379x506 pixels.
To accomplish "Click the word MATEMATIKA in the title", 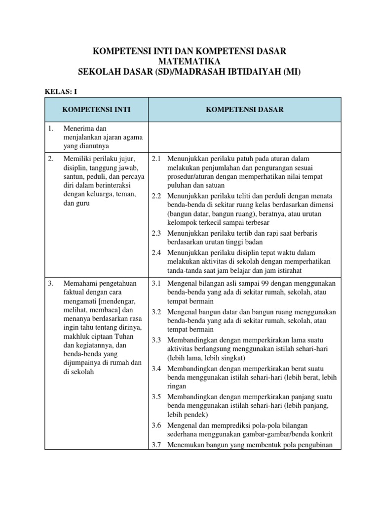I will (x=189, y=61).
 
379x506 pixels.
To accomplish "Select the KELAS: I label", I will (x=61, y=91).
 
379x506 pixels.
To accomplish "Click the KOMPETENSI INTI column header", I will (x=96, y=110).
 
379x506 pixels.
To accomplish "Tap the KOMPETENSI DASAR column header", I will (x=245, y=110).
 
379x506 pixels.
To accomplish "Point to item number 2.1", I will (x=156, y=159).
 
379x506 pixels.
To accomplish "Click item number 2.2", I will (x=156, y=196).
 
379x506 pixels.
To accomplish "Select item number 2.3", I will (x=156, y=233).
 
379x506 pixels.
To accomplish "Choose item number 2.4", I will (x=156, y=252).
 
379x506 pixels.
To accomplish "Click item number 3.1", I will (x=156, y=283).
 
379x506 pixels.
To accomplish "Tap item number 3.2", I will (x=156, y=312).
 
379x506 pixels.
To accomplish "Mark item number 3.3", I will (x=156, y=340).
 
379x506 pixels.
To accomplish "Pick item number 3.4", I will (x=156, y=369).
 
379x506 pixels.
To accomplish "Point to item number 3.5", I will (x=156, y=397).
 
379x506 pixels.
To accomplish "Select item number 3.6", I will (x=156, y=425).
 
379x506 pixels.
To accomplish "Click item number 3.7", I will (x=156, y=444).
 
